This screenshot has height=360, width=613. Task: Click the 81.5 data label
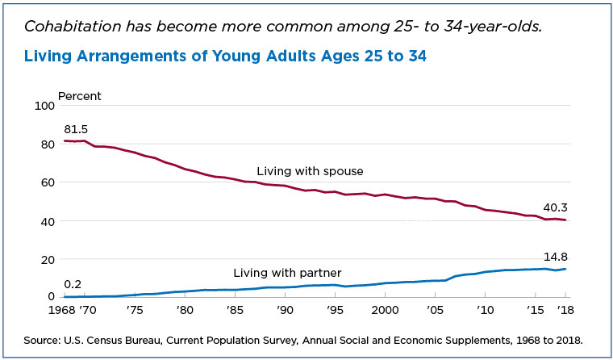pos(76,129)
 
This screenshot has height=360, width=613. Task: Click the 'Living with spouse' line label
pos(310,171)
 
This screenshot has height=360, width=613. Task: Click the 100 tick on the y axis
pos(44,106)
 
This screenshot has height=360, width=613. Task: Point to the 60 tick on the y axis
pos(47,182)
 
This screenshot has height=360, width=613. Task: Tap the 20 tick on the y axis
pos(47,259)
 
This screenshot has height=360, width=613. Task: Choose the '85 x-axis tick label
pos(235,310)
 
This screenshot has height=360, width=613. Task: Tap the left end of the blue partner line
pos(65,296)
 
